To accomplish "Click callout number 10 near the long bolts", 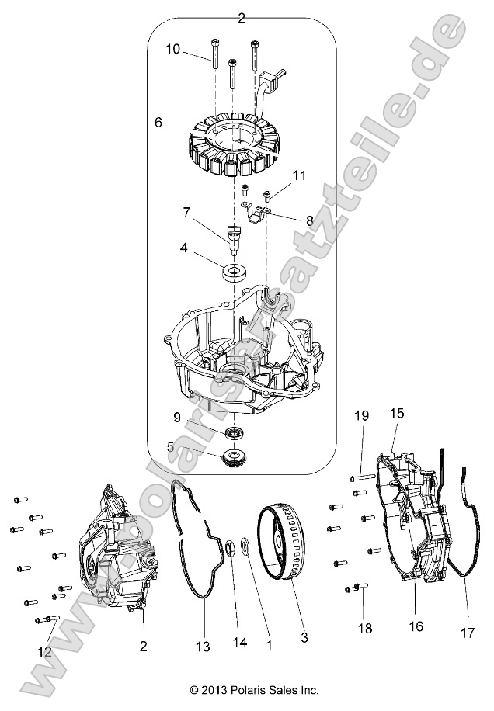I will (172, 49).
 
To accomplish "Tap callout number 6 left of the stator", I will (158, 123).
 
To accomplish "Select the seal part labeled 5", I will (232, 457).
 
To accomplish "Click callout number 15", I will (397, 414).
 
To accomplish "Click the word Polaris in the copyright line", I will (241, 689).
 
